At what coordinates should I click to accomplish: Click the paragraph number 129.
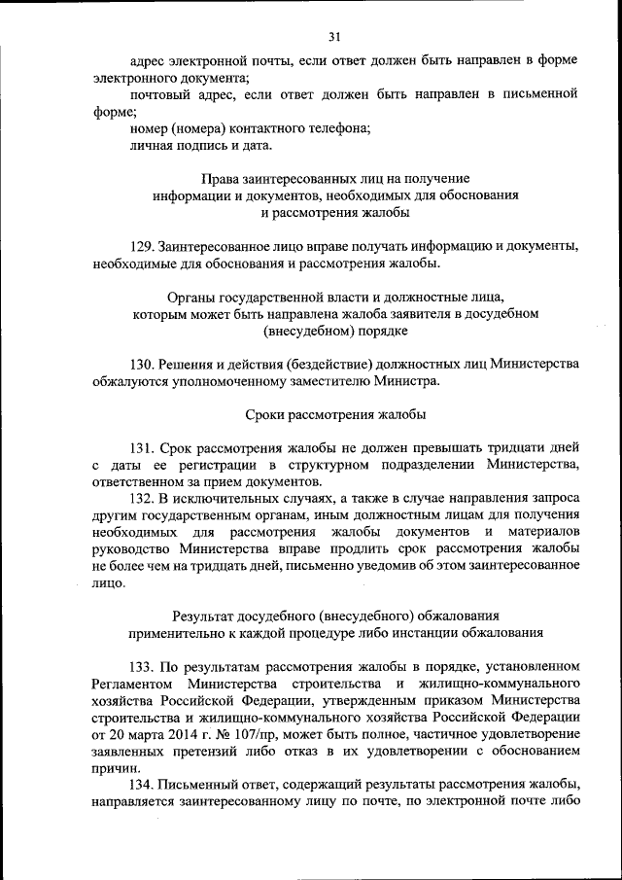click(x=142, y=247)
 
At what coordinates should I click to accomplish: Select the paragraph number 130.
click(x=142, y=365)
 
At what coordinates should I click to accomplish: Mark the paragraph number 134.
click(x=142, y=784)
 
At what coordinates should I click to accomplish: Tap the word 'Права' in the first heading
click(x=220, y=179)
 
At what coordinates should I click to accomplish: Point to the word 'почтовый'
click(x=159, y=94)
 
